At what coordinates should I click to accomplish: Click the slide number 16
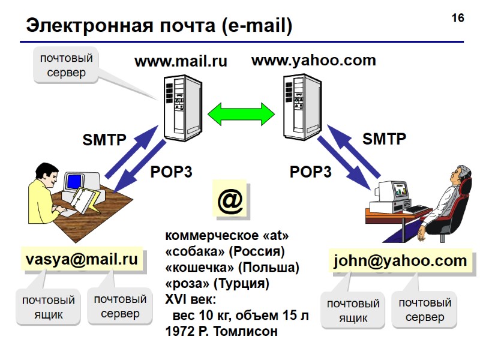point(458,18)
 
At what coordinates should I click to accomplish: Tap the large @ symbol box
point(230,202)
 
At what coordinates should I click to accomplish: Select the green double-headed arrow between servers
point(241,112)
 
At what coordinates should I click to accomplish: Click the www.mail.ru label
point(181,61)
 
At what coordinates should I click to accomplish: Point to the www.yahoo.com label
point(313,61)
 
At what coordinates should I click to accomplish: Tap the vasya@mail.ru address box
point(82,260)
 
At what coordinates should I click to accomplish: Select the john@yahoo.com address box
point(400,261)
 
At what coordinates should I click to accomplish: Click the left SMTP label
point(104,140)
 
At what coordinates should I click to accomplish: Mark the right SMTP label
point(384,139)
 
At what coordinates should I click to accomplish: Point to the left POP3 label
point(171,172)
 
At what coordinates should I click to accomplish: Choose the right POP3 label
point(311,172)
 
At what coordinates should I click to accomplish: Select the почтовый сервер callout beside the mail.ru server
point(66,65)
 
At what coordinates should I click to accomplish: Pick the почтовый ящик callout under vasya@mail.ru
point(48,307)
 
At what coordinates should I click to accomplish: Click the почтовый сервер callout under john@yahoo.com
point(424,310)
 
